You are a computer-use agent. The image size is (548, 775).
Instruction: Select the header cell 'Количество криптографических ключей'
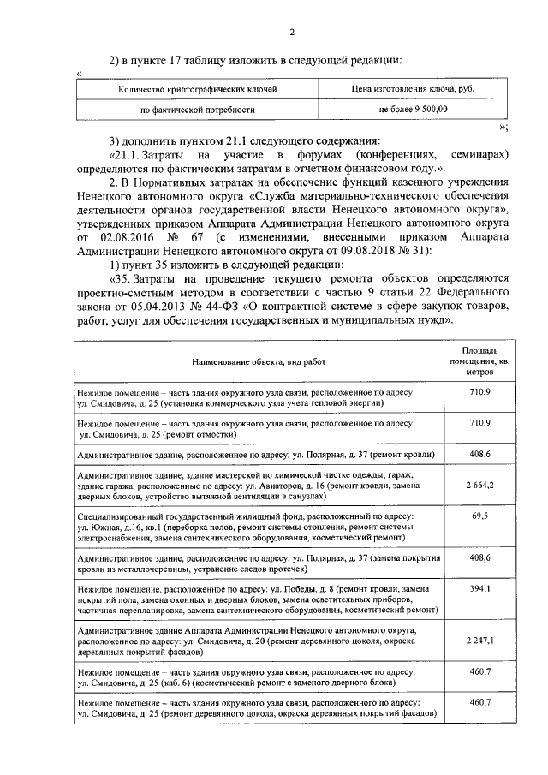[x=197, y=88]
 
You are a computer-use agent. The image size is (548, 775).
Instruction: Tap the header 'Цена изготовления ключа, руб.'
[x=412, y=88]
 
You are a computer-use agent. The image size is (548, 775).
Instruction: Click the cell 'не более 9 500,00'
[x=412, y=110]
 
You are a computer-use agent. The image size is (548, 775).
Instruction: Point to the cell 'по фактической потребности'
[x=197, y=110]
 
